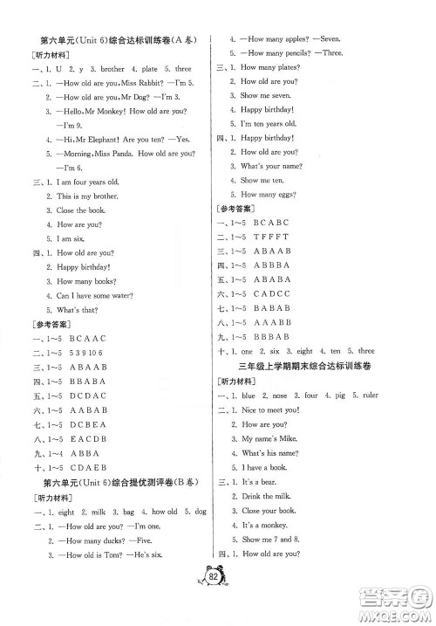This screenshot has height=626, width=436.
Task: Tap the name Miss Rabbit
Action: pos(130,85)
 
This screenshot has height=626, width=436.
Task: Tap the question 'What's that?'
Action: pos(71,309)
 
